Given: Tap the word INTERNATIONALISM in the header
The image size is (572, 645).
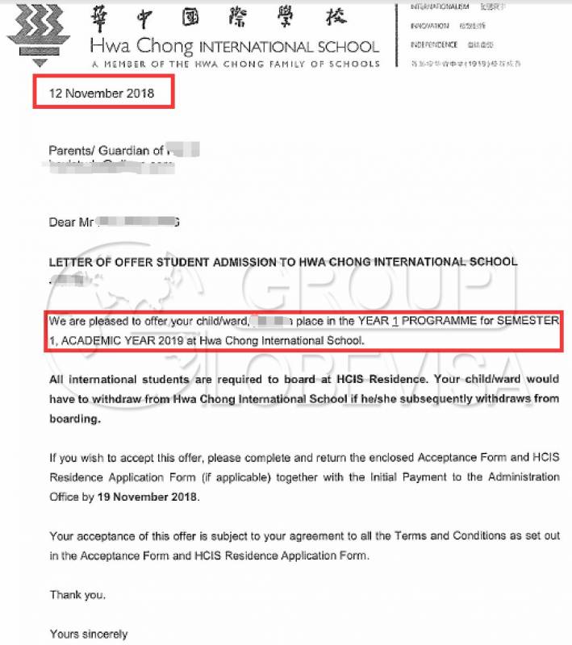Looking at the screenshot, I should click(x=440, y=6).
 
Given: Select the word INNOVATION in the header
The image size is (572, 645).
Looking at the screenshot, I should click(x=430, y=26).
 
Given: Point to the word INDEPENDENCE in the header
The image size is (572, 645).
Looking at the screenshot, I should click(x=434, y=45).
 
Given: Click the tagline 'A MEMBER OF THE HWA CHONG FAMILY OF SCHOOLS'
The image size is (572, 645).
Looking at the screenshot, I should click(x=235, y=64).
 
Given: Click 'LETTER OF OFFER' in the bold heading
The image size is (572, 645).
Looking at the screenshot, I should click(x=96, y=262).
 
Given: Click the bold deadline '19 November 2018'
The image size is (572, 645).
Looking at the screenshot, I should click(x=148, y=497).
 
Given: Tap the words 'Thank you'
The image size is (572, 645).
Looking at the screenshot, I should click(x=77, y=595).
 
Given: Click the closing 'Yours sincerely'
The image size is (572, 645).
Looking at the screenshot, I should click(x=88, y=634).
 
